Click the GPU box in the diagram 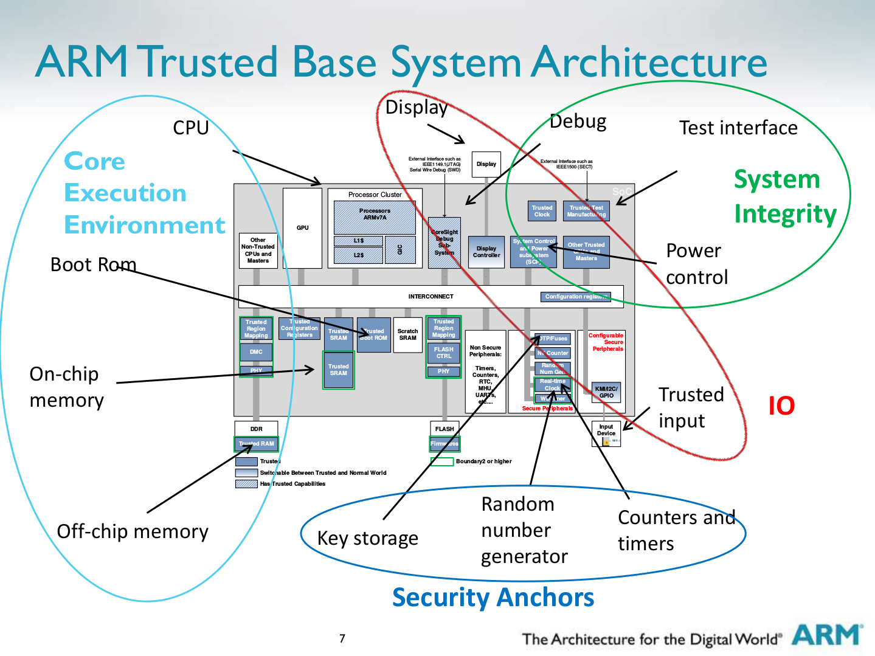coord(302,228)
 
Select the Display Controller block coord(486,252)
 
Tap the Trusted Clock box coord(542,211)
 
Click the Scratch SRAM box coord(407,334)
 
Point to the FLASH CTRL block coord(443,353)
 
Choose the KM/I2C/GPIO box coord(606,392)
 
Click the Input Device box coord(606,433)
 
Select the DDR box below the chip coord(256,429)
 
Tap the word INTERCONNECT coord(431,297)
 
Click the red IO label coord(781,406)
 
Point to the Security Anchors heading coord(493,598)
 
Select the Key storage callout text coord(368,539)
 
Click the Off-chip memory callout coord(133,532)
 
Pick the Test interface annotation coord(738,128)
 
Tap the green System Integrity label coord(784,196)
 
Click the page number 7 coord(342,638)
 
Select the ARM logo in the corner coord(827,635)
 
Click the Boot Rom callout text coord(93,265)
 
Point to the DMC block coord(256,352)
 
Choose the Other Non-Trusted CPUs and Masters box coord(258,250)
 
